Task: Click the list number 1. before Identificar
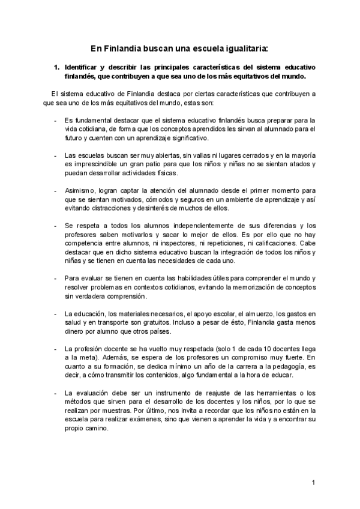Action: click(58, 67)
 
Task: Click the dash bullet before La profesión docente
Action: click(55, 349)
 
